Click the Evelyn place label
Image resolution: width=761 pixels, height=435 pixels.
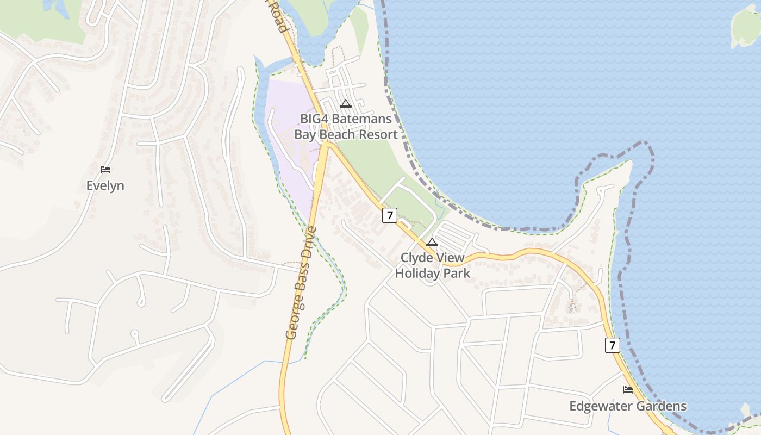105,185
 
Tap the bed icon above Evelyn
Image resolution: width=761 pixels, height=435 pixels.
105,170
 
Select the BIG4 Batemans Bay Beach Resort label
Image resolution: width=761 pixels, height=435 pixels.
346,127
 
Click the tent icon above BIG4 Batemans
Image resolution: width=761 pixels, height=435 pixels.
345,103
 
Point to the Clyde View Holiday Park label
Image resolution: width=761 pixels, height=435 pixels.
432,265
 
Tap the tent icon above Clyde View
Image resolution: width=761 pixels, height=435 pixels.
432,242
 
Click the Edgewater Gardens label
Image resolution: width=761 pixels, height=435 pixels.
627,406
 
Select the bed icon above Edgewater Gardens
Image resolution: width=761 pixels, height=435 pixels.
628,390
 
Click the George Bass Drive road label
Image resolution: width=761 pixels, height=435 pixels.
301,283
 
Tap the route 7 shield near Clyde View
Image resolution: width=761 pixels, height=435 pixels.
389,215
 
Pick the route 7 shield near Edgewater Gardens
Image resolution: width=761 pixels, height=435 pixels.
612,345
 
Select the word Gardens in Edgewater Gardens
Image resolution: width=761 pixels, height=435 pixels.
660,406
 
